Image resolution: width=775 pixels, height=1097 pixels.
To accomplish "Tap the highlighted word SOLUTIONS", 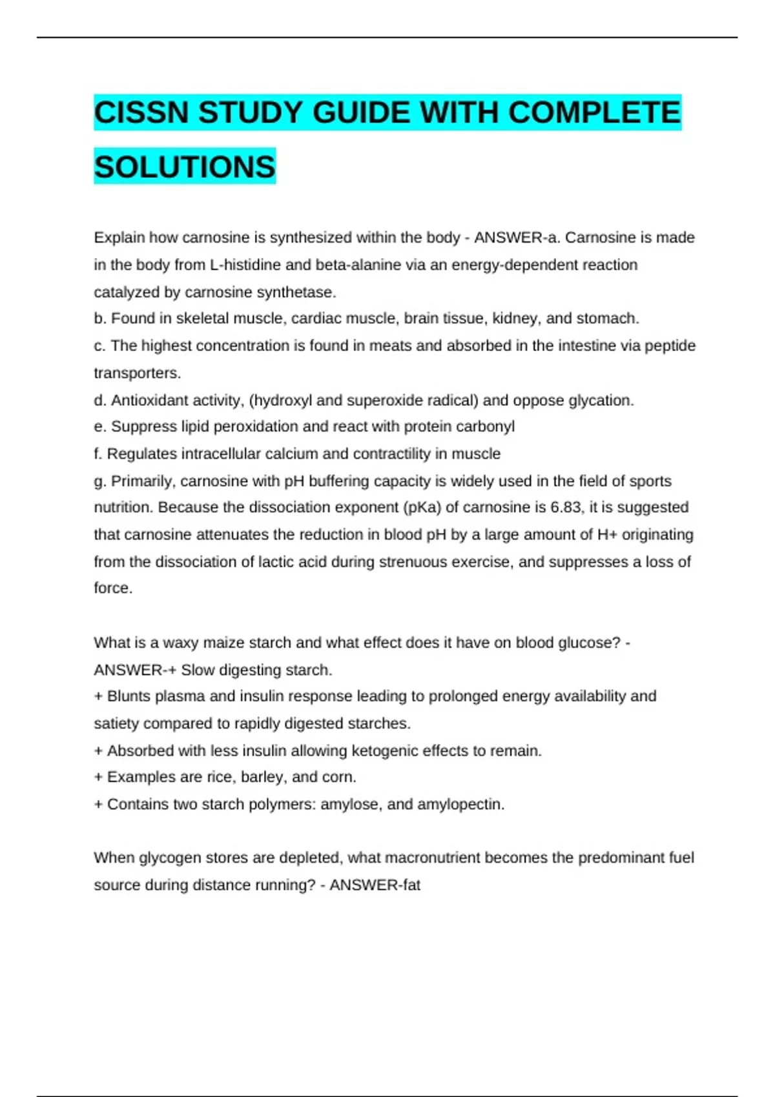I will (185, 167).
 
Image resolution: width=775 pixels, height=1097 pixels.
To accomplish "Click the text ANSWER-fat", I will (375, 885).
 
